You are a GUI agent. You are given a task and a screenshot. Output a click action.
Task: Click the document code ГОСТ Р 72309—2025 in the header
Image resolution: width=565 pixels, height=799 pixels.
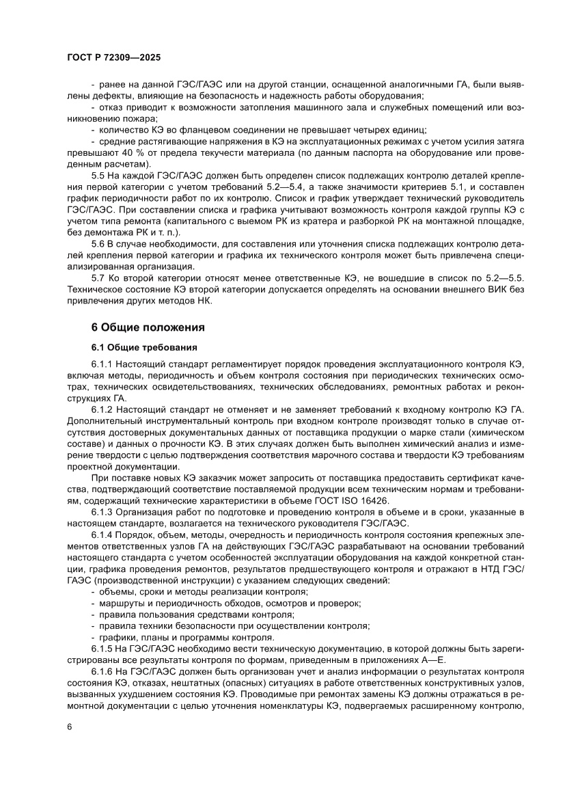pos(114,59)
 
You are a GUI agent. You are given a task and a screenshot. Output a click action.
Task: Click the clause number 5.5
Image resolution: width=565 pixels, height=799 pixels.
pos(100,177)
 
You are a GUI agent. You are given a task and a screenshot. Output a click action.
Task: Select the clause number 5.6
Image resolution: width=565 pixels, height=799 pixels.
pos(100,243)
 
